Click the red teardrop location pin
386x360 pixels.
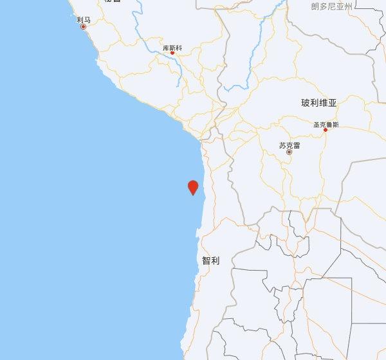[x=192, y=187]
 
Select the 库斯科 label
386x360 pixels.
[x=172, y=48]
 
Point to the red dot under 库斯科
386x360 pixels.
[x=172, y=53]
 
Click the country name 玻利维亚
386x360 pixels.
[x=318, y=103]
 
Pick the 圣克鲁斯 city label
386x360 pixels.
[x=326, y=124]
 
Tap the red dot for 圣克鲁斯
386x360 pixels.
[x=326, y=130]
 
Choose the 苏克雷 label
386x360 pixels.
[x=289, y=145]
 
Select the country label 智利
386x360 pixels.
[x=210, y=261]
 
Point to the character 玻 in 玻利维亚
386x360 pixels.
[x=305, y=103]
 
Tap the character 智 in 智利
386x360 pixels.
[x=206, y=261]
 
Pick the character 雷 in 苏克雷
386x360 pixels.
[x=296, y=145]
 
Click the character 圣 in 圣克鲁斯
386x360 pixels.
[x=316, y=124]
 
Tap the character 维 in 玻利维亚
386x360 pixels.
[x=323, y=103]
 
